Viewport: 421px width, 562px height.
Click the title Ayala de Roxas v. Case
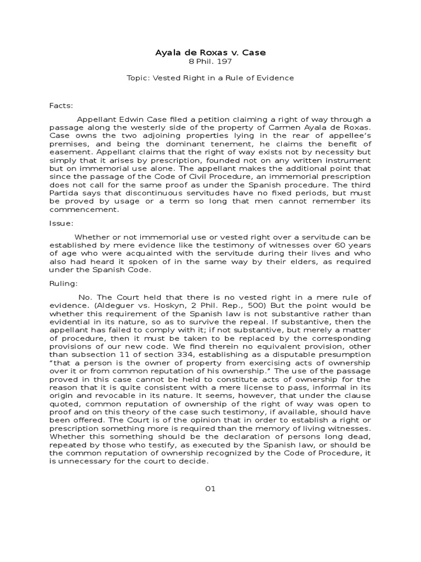210,53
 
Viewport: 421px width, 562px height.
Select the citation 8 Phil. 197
210,61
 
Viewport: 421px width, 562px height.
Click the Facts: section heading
61,105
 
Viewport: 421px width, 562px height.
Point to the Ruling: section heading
64,284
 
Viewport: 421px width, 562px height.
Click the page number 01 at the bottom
210,489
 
